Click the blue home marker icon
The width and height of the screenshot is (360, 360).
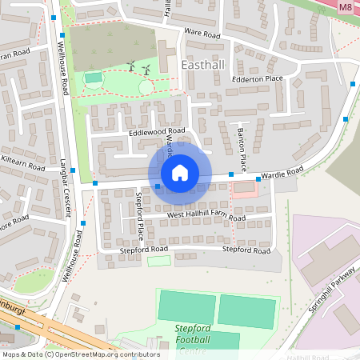click(179, 173)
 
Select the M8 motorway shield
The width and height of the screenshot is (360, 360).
click(346, 7)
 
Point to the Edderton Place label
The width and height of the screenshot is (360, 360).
click(257, 78)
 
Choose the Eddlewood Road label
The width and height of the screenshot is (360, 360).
click(157, 130)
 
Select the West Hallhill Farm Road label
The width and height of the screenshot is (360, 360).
click(206, 215)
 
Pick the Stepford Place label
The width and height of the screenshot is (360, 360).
click(139, 216)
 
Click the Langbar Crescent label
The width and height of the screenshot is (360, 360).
click(65, 194)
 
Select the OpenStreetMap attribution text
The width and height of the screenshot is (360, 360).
click(80, 354)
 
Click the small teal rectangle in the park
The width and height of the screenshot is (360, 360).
click(94, 78)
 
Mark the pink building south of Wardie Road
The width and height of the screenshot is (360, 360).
click(244, 189)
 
